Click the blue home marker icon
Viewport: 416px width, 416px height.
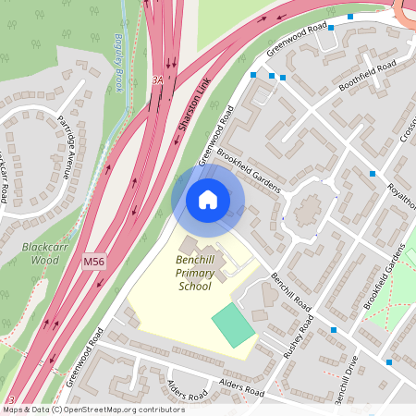pyautogui.click(x=208, y=200)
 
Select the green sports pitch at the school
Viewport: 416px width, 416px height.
pyautogui.click(x=232, y=324)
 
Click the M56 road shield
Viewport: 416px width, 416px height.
pyautogui.click(x=94, y=263)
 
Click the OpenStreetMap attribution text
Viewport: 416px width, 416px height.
pyautogui.click(x=92, y=410)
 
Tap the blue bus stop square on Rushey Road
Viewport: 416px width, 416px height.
pyautogui.click(x=334, y=329)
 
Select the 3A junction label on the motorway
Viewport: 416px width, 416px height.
pyautogui.click(x=157, y=80)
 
